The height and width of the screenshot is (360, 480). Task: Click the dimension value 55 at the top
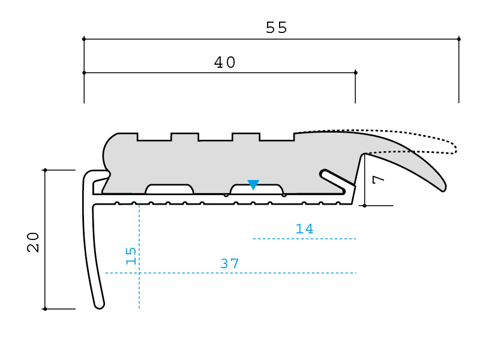(277, 28)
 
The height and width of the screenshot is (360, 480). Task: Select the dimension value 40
(224, 62)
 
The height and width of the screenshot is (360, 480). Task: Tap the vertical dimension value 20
(33, 242)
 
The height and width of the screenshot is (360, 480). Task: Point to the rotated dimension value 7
(379, 179)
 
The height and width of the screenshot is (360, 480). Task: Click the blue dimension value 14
(305, 229)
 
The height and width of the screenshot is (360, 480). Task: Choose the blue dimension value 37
(230, 263)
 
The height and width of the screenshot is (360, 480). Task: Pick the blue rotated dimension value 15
(131, 256)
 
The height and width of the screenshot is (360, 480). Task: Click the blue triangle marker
(253, 184)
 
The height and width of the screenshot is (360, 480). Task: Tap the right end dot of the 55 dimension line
(458, 39)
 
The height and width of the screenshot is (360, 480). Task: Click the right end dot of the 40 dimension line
(355, 73)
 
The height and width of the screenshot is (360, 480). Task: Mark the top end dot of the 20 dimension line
(46, 170)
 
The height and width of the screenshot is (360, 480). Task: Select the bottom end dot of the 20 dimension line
(46, 309)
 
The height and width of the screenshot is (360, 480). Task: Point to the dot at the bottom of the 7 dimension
(364, 205)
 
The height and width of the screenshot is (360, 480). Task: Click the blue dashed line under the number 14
(305, 238)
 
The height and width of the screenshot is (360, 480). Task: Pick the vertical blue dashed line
(139, 257)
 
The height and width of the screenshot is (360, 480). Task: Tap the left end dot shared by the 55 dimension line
(84, 39)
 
